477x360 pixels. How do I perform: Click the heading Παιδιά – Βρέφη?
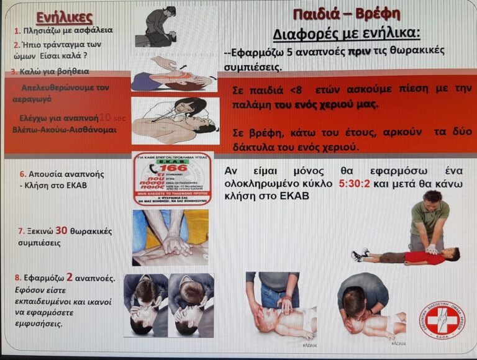point(346,13)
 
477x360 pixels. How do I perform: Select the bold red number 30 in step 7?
point(61,230)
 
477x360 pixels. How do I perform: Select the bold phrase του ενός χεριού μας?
point(326,104)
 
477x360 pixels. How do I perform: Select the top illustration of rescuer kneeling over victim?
point(161,26)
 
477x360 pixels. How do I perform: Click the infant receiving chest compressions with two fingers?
point(283,310)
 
